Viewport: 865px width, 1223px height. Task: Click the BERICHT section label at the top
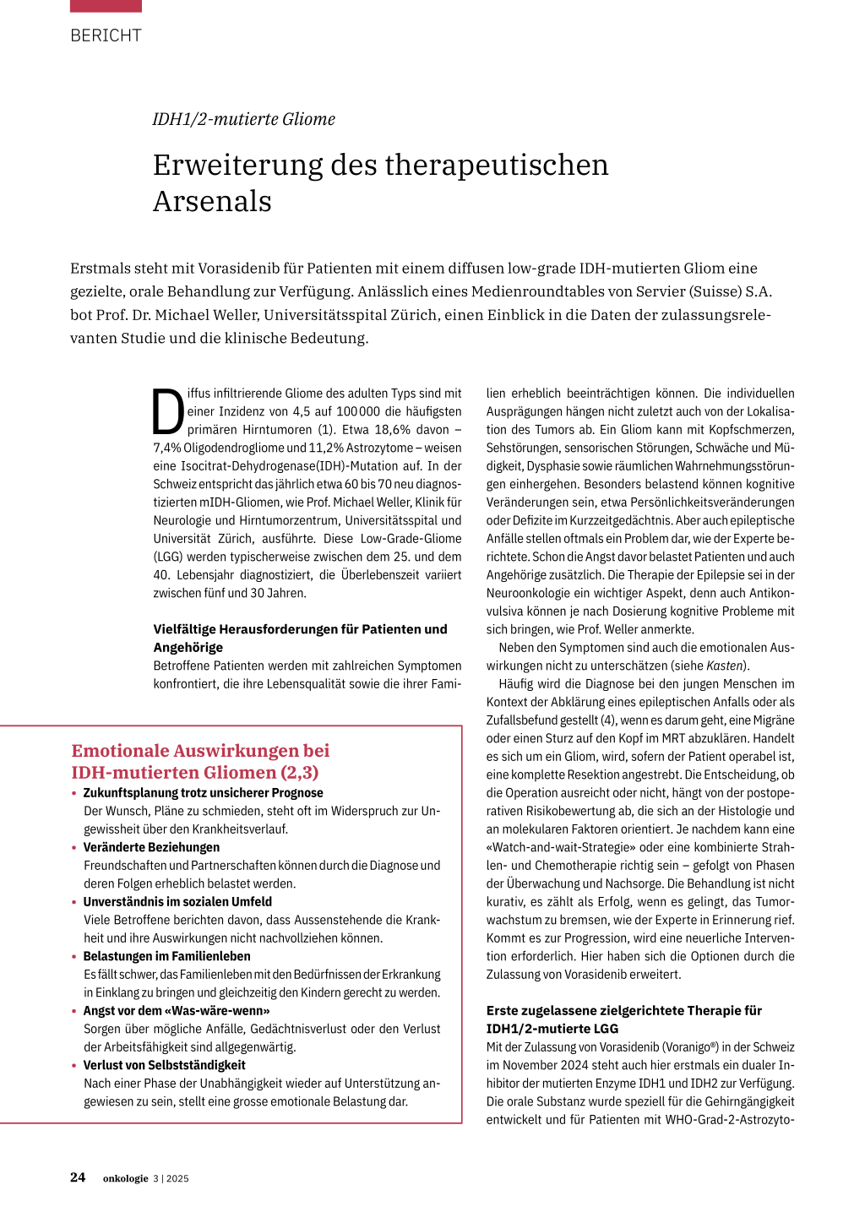click(106, 35)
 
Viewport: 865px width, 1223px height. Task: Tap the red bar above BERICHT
click(106, 6)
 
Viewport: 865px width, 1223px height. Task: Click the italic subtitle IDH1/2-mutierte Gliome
click(243, 119)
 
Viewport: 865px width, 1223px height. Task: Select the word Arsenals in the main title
click(212, 202)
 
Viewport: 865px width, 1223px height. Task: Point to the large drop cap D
click(168, 411)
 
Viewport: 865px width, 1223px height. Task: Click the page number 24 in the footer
click(78, 1177)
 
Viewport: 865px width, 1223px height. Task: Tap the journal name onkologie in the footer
click(125, 1178)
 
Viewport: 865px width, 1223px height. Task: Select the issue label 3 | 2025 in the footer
click(171, 1178)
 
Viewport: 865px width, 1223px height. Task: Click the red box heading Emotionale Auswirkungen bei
click(200, 750)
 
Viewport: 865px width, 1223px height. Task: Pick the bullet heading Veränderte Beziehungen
click(151, 847)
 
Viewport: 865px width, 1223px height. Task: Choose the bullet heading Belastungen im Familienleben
click(166, 956)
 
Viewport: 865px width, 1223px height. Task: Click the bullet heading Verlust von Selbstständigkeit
click(164, 1065)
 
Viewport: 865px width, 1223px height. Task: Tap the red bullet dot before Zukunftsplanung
click(74, 793)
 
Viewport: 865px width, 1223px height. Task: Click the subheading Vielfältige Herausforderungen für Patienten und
click(300, 629)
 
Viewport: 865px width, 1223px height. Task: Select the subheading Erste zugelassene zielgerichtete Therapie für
click(623, 1010)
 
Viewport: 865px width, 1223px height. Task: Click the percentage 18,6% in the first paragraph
click(393, 430)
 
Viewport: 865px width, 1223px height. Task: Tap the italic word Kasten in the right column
click(725, 666)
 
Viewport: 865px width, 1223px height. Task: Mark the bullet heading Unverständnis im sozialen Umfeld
click(177, 901)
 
